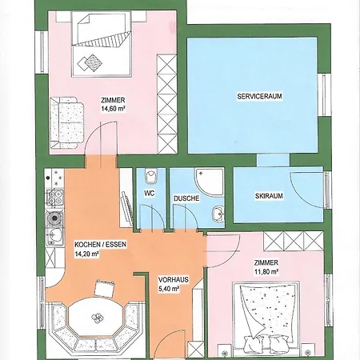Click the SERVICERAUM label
pos(259,96)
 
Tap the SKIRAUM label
pos(269,196)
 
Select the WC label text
pos(150,193)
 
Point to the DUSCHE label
pos(186,198)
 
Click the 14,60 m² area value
pos(113,109)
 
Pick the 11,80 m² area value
pos(266,271)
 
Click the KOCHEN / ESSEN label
pos(100,244)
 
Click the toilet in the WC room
pos(150,176)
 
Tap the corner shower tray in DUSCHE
pos(209,182)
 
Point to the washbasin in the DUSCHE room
pos(218,214)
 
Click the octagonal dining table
pos(97,318)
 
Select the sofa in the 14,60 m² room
pos(67,122)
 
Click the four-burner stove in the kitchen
pos(55,198)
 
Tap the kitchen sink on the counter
pos(54,236)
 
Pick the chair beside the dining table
pos(105,288)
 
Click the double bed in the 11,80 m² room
pos(266,318)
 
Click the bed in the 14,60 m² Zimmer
pos(102,44)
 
